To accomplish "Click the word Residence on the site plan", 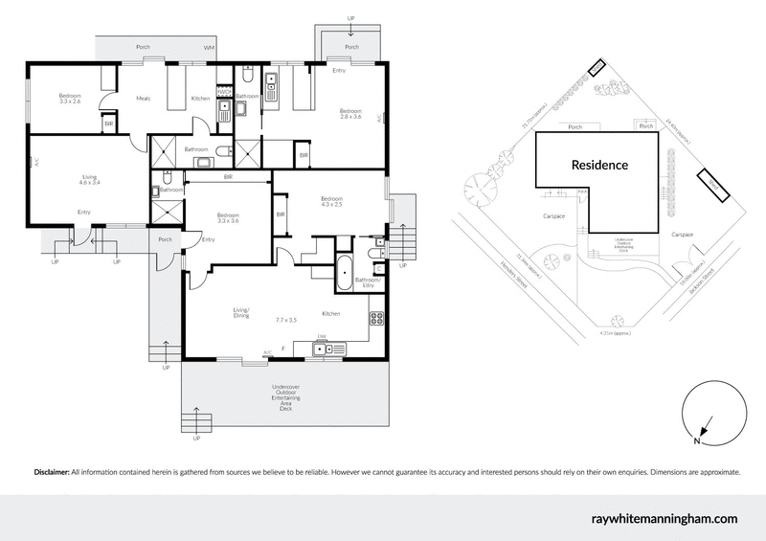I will click(x=599, y=165).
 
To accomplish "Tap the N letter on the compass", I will click(x=697, y=441).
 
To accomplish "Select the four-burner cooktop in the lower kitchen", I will click(x=376, y=319).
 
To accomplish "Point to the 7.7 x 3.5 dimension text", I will click(x=286, y=319).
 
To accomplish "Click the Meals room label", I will click(x=144, y=98).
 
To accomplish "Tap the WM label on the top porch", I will click(x=208, y=48).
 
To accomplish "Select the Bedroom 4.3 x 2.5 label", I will click(x=338, y=201).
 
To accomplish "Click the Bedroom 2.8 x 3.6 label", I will click(x=350, y=114).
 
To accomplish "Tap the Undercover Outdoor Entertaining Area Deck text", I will click(x=285, y=396).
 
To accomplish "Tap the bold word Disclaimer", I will click(x=51, y=472).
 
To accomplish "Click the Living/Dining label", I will click(x=240, y=312).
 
